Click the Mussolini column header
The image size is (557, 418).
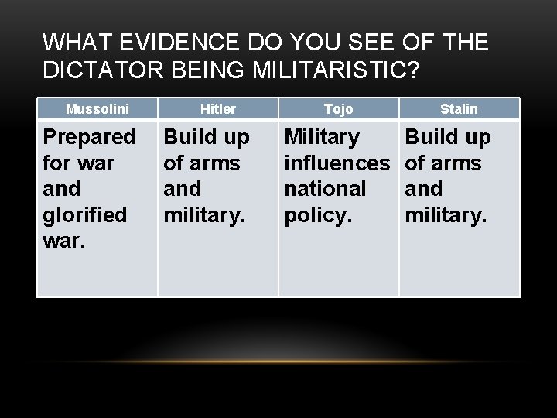pyautogui.click(x=97, y=109)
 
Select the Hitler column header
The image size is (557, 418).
pyautogui.click(x=218, y=109)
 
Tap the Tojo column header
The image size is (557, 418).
pyautogui.click(x=338, y=109)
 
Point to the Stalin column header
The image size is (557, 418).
pyautogui.click(x=459, y=109)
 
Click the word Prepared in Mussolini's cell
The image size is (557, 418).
pyautogui.click(x=89, y=139)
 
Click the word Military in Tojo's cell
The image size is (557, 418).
pyautogui.click(x=323, y=139)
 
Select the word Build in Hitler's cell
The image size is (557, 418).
pyautogui.click(x=186, y=139)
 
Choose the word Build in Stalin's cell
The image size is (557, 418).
pyautogui.click(x=430, y=139)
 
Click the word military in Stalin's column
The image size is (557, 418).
pyautogui.click(x=446, y=213)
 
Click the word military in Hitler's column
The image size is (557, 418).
pyautogui.click(x=203, y=213)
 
